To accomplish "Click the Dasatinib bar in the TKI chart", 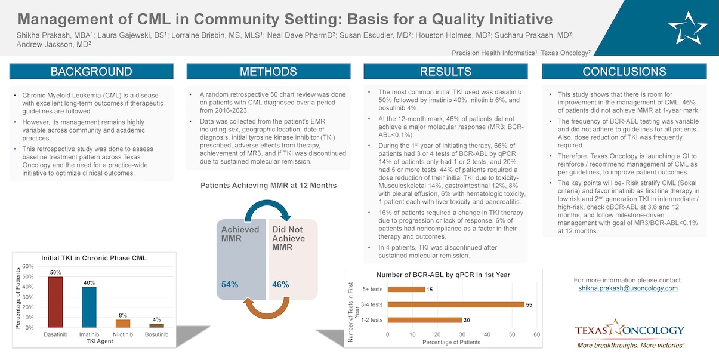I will click(55, 302).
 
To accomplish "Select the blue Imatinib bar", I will click(89, 307).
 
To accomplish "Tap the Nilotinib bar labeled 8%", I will click(123, 324).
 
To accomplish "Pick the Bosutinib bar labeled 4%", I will click(156, 325).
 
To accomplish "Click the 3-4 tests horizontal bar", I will click(456, 304).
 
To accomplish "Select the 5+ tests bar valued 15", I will click(406, 290).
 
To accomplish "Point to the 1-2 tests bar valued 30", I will click(424, 320).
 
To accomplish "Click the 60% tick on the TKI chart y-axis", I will click(28, 266).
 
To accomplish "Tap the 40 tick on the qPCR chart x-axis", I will click(487, 334).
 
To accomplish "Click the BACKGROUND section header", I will click(91, 72).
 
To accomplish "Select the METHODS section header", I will click(269, 72).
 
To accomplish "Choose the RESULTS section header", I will click(446, 72).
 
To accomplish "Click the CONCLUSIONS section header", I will click(624, 72).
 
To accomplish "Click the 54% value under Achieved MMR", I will click(230, 285).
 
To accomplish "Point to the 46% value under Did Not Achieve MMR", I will click(280, 285).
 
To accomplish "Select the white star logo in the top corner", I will click(687, 25).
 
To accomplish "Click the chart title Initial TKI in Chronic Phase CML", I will click(94, 258).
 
